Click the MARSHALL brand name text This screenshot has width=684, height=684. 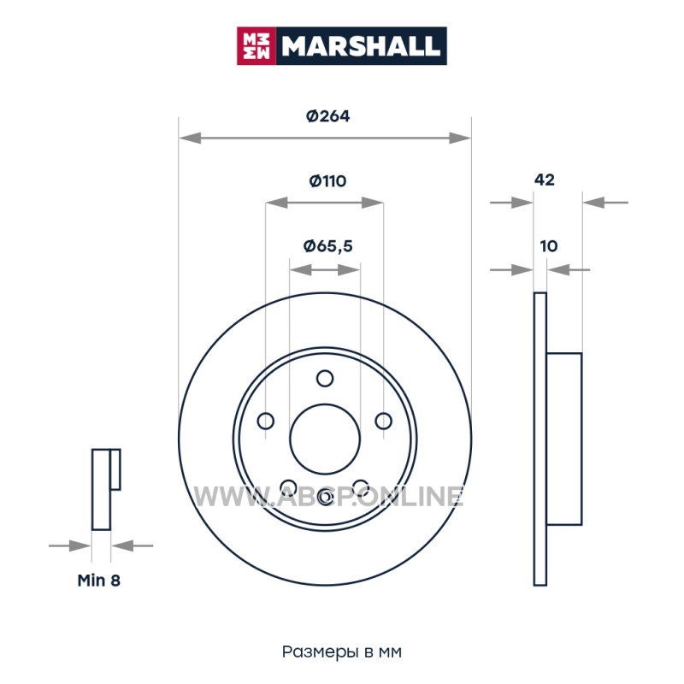click(x=360, y=46)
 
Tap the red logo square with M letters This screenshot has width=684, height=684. click(x=256, y=46)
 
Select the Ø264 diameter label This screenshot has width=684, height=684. click(x=327, y=116)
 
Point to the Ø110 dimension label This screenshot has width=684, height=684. click(x=327, y=180)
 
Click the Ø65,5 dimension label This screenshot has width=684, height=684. click(x=327, y=246)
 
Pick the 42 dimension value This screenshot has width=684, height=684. click(x=545, y=180)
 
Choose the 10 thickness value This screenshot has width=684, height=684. click(x=549, y=246)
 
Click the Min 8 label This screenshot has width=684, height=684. click(x=98, y=581)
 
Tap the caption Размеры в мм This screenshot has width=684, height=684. click(x=341, y=652)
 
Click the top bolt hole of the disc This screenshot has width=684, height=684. click(x=325, y=378)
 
